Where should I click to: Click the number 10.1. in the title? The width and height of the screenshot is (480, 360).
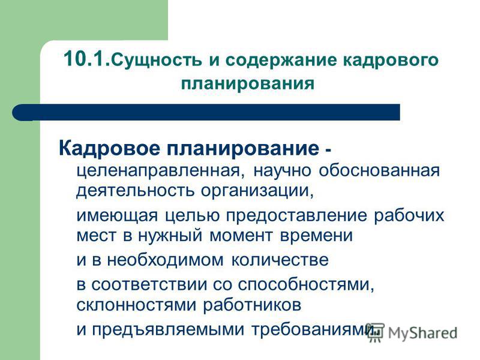click(x=86, y=58)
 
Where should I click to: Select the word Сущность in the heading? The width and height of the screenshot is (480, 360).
click(x=157, y=61)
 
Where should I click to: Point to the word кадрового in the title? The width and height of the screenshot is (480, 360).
click(x=391, y=61)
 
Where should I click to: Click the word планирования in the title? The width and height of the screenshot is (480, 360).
click(x=248, y=83)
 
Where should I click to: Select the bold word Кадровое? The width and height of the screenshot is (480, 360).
click(x=109, y=149)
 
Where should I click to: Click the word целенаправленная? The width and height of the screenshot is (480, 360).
click(x=161, y=171)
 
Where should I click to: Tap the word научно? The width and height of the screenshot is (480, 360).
click(x=282, y=171)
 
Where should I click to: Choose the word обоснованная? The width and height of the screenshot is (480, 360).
click(x=379, y=170)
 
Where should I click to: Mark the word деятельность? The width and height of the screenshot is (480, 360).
click(x=136, y=190)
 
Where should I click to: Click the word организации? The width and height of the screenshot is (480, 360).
click(x=257, y=191)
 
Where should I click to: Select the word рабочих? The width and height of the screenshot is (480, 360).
click(x=409, y=215)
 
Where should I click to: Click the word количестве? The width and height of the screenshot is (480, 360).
click(x=280, y=260)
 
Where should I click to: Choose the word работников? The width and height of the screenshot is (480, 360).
click(x=252, y=304)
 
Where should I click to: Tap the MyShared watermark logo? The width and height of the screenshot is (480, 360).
click(x=412, y=332)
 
